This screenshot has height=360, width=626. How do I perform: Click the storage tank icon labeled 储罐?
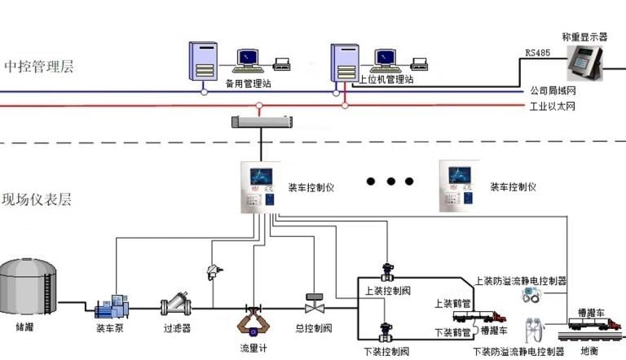(28, 286)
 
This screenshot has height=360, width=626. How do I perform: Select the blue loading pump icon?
(112, 307)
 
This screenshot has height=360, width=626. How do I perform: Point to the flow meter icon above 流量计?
(253, 320)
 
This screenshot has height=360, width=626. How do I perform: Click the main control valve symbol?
(315, 303)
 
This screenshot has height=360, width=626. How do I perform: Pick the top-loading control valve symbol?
(388, 272)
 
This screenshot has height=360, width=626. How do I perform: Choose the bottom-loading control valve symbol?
(386, 332)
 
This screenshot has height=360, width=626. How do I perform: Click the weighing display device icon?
(585, 62)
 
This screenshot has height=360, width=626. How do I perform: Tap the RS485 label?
(537, 53)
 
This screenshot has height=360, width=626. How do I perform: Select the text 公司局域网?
(553, 90)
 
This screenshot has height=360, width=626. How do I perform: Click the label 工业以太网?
(552, 107)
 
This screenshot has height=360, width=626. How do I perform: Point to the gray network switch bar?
(262, 121)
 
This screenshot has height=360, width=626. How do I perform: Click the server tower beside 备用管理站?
(203, 61)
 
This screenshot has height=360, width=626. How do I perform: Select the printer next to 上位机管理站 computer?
(420, 64)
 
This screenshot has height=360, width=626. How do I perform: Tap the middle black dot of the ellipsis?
(391, 181)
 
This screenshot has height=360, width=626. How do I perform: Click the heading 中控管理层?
(39, 66)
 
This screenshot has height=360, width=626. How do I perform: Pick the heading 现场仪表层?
(37, 200)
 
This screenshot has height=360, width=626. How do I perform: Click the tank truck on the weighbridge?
(595, 323)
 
